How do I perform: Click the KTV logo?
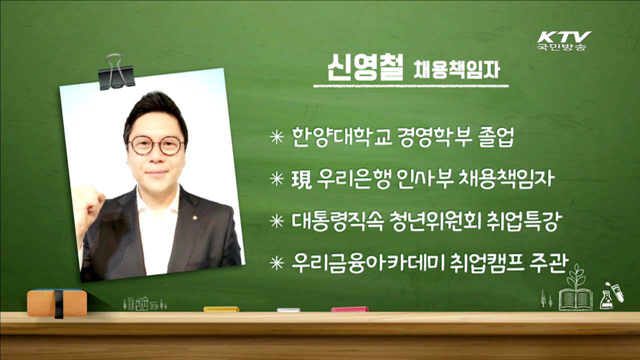(563, 40)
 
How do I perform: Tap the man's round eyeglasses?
(156, 145)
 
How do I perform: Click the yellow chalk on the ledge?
(221, 309)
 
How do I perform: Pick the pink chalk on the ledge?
(349, 309)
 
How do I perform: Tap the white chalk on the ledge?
(288, 309)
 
